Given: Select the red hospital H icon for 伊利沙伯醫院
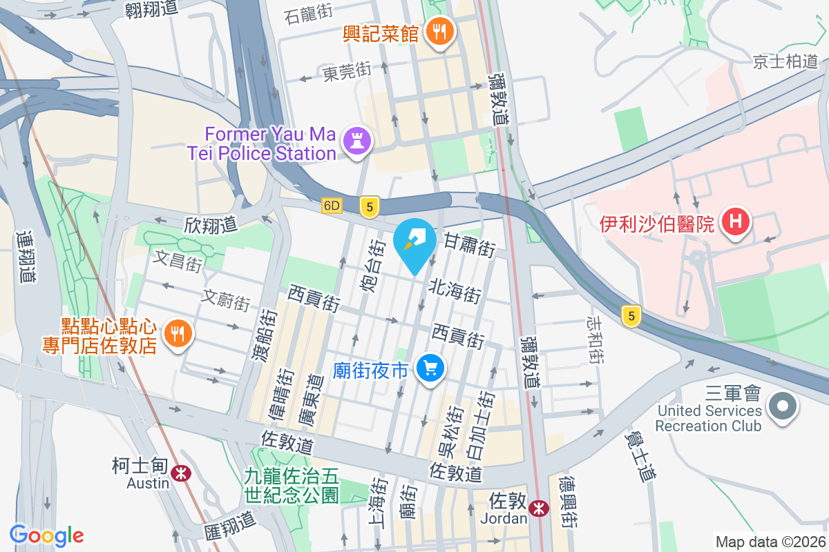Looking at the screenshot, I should click(735, 223).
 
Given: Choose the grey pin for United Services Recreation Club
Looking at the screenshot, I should click(783, 405).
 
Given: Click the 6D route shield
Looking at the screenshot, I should click(332, 206).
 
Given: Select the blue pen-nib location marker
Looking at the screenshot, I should click(414, 245).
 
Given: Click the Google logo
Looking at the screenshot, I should click(47, 535).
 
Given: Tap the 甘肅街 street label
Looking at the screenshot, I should click(470, 245).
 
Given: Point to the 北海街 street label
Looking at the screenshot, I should click(455, 290).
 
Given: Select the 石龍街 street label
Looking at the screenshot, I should click(309, 15).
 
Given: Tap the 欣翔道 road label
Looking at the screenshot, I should click(211, 224).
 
